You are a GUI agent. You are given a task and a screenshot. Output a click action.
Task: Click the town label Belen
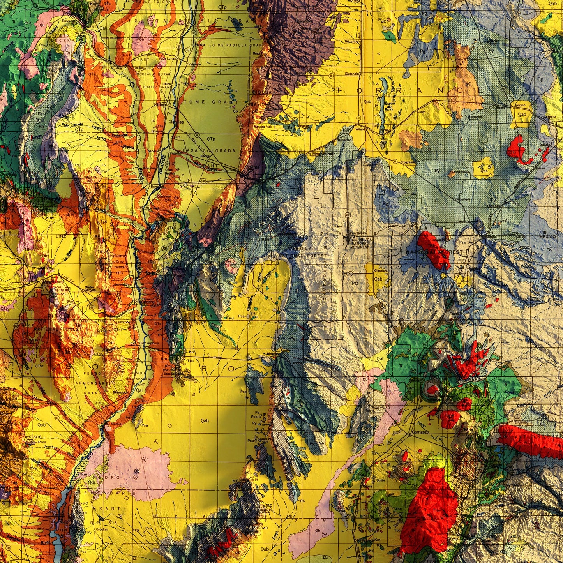point(160,105)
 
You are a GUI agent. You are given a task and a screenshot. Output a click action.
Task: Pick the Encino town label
point(520,105)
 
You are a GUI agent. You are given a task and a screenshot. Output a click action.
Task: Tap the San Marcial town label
point(115,424)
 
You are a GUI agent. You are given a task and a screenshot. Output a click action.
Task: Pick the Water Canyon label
point(90,289)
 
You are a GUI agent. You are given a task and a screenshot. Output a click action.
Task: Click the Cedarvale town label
point(462,199)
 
